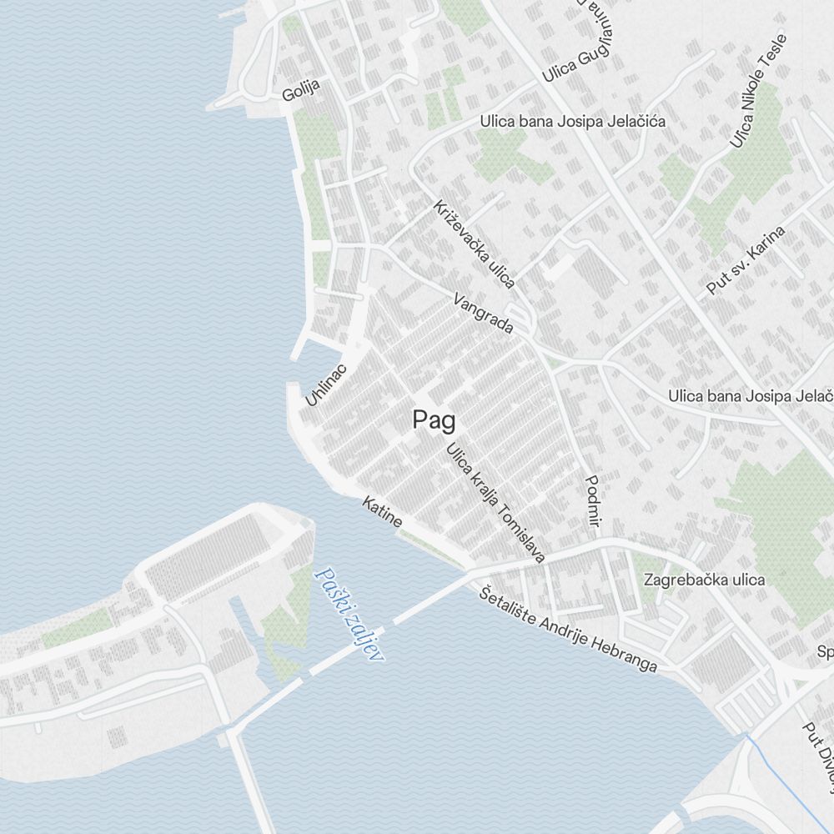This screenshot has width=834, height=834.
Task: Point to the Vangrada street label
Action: (483, 314)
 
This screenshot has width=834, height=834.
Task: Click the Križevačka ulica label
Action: (474, 244)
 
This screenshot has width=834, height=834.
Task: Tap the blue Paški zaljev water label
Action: (349, 614)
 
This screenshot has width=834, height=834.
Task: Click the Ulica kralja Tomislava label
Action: (495, 503)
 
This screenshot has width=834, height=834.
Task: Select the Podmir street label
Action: (593, 501)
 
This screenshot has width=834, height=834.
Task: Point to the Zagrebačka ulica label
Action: (703, 580)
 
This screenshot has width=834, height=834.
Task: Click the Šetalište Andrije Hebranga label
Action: (570, 631)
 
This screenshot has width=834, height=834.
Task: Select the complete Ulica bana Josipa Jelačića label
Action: (572, 122)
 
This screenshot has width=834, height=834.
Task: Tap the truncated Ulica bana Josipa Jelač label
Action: (751, 395)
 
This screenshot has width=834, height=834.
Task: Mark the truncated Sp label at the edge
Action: (826, 651)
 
